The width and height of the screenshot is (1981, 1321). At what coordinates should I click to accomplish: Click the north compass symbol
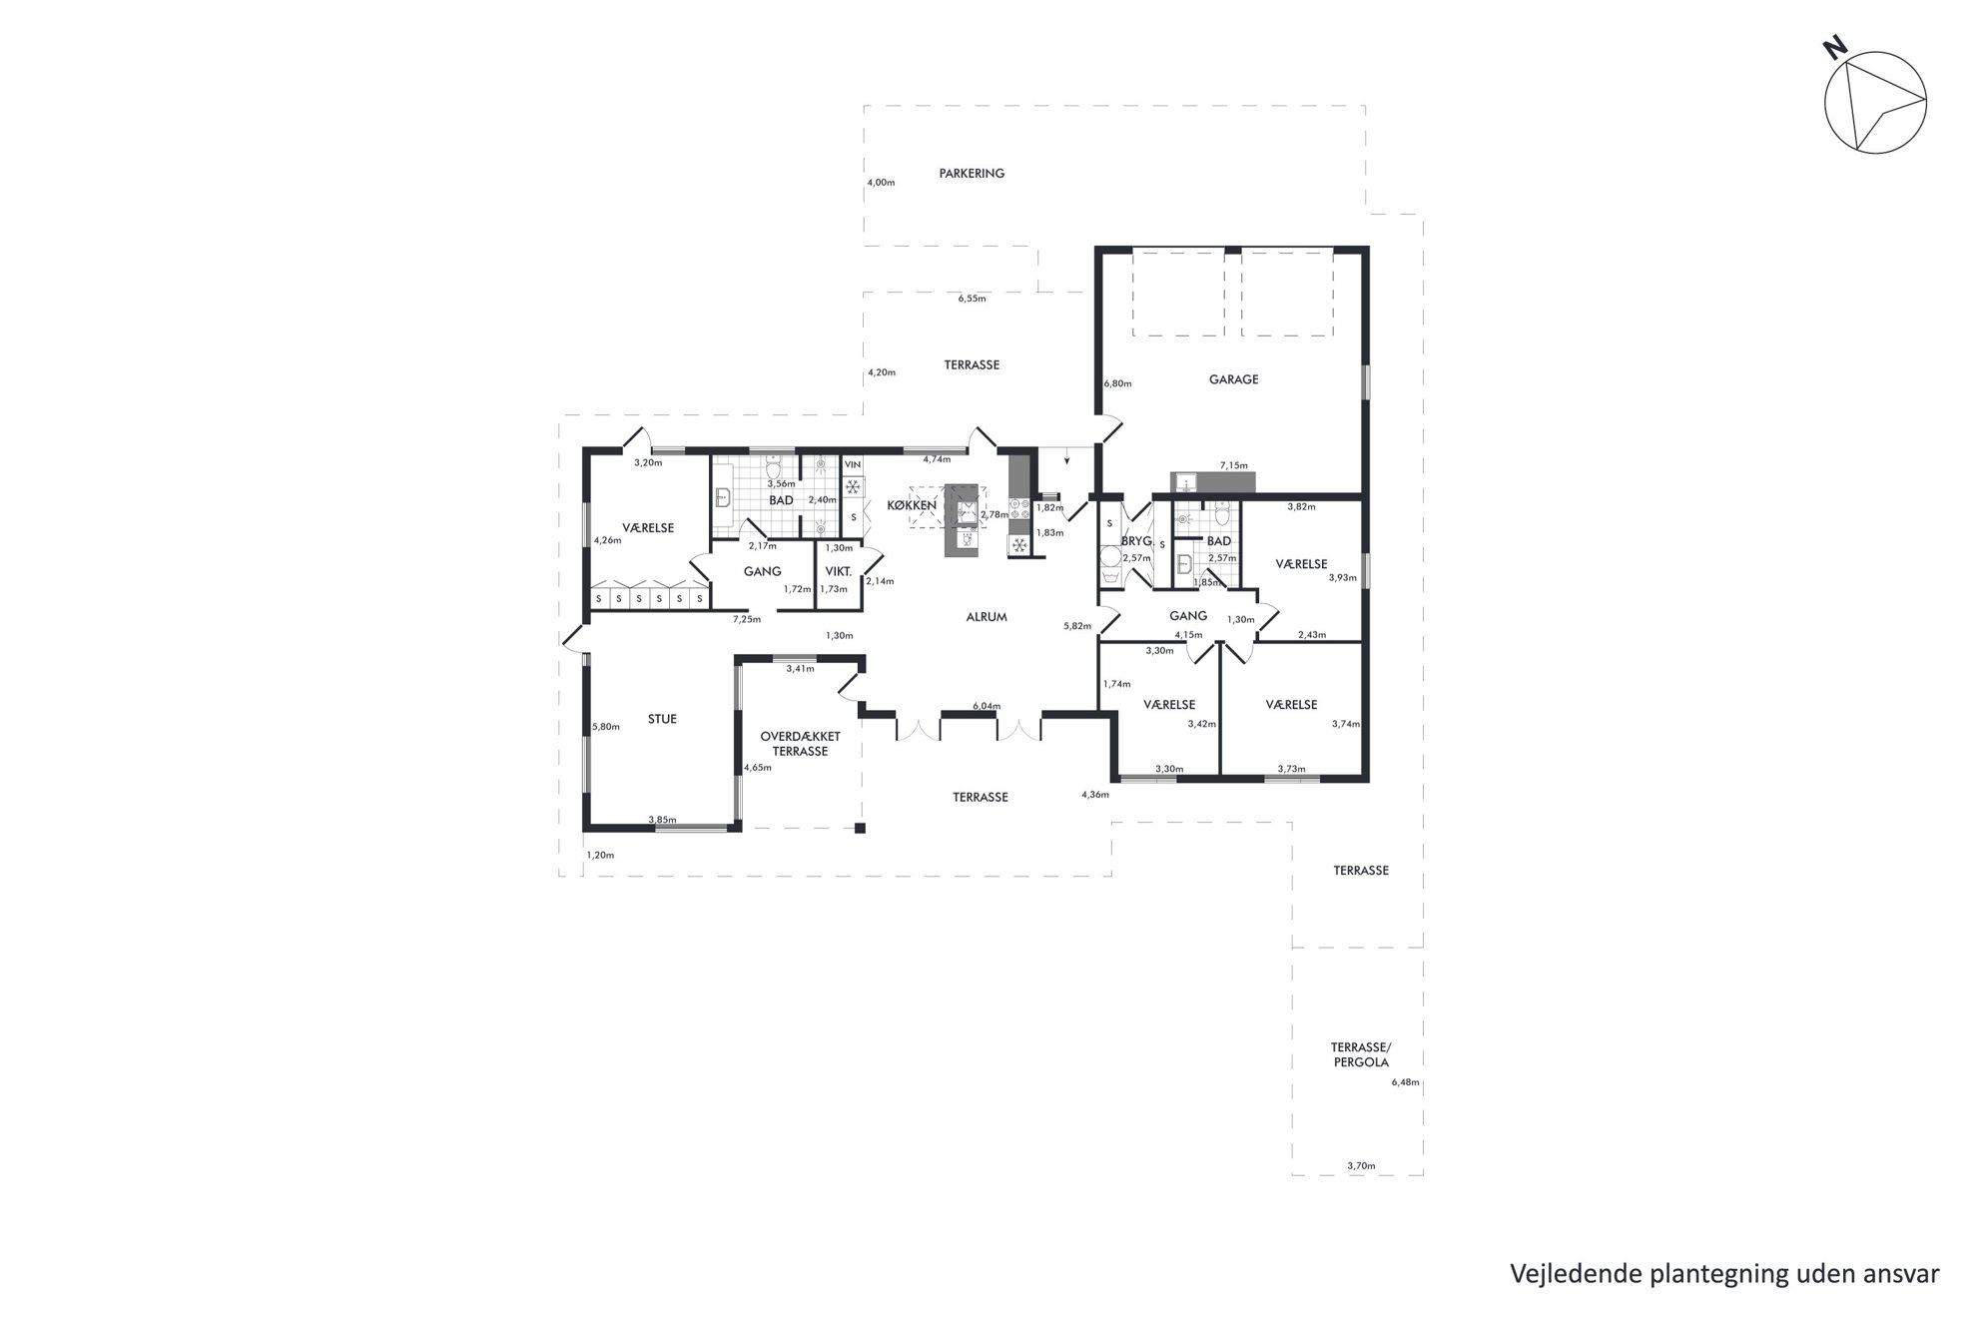tap(1875, 101)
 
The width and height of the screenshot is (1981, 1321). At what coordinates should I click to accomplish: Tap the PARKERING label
tap(972, 174)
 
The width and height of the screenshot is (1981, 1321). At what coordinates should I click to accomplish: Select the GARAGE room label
tap(1234, 379)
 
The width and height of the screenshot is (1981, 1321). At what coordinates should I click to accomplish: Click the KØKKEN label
tap(912, 505)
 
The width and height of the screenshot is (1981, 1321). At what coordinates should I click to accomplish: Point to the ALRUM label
tap(987, 617)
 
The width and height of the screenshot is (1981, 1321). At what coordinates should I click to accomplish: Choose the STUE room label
tap(662, 719)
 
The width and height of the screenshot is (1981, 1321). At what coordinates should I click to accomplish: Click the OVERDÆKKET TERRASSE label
tap(800, 744)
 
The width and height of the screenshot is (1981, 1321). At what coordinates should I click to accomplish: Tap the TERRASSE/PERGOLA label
tap(1360, 1054)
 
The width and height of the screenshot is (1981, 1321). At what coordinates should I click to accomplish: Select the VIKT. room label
tap(838, 572)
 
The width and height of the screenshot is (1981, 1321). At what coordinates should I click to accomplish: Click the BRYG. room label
tap(1137, 541)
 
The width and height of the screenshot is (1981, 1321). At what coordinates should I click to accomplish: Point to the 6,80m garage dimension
tap(1117, 383)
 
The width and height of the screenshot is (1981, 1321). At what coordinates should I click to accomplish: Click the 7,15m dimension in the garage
tap(1234, 465)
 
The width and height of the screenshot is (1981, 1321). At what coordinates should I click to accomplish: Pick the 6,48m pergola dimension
tap(1405, 1082)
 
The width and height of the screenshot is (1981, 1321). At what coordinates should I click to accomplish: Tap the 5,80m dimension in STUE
tap(606, 727)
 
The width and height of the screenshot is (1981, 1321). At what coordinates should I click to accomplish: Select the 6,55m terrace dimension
tap(972, 299)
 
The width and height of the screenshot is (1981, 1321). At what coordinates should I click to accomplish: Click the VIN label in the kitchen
tap(853, 465)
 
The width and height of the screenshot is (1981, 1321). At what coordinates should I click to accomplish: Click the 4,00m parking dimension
tap(882, 183)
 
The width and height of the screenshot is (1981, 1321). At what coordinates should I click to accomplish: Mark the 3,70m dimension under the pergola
tap(1361, 1165)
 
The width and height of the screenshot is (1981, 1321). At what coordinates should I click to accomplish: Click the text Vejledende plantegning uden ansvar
tap(1724, 1275)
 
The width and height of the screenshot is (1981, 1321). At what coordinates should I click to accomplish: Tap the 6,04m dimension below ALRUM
tap(987, 707)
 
